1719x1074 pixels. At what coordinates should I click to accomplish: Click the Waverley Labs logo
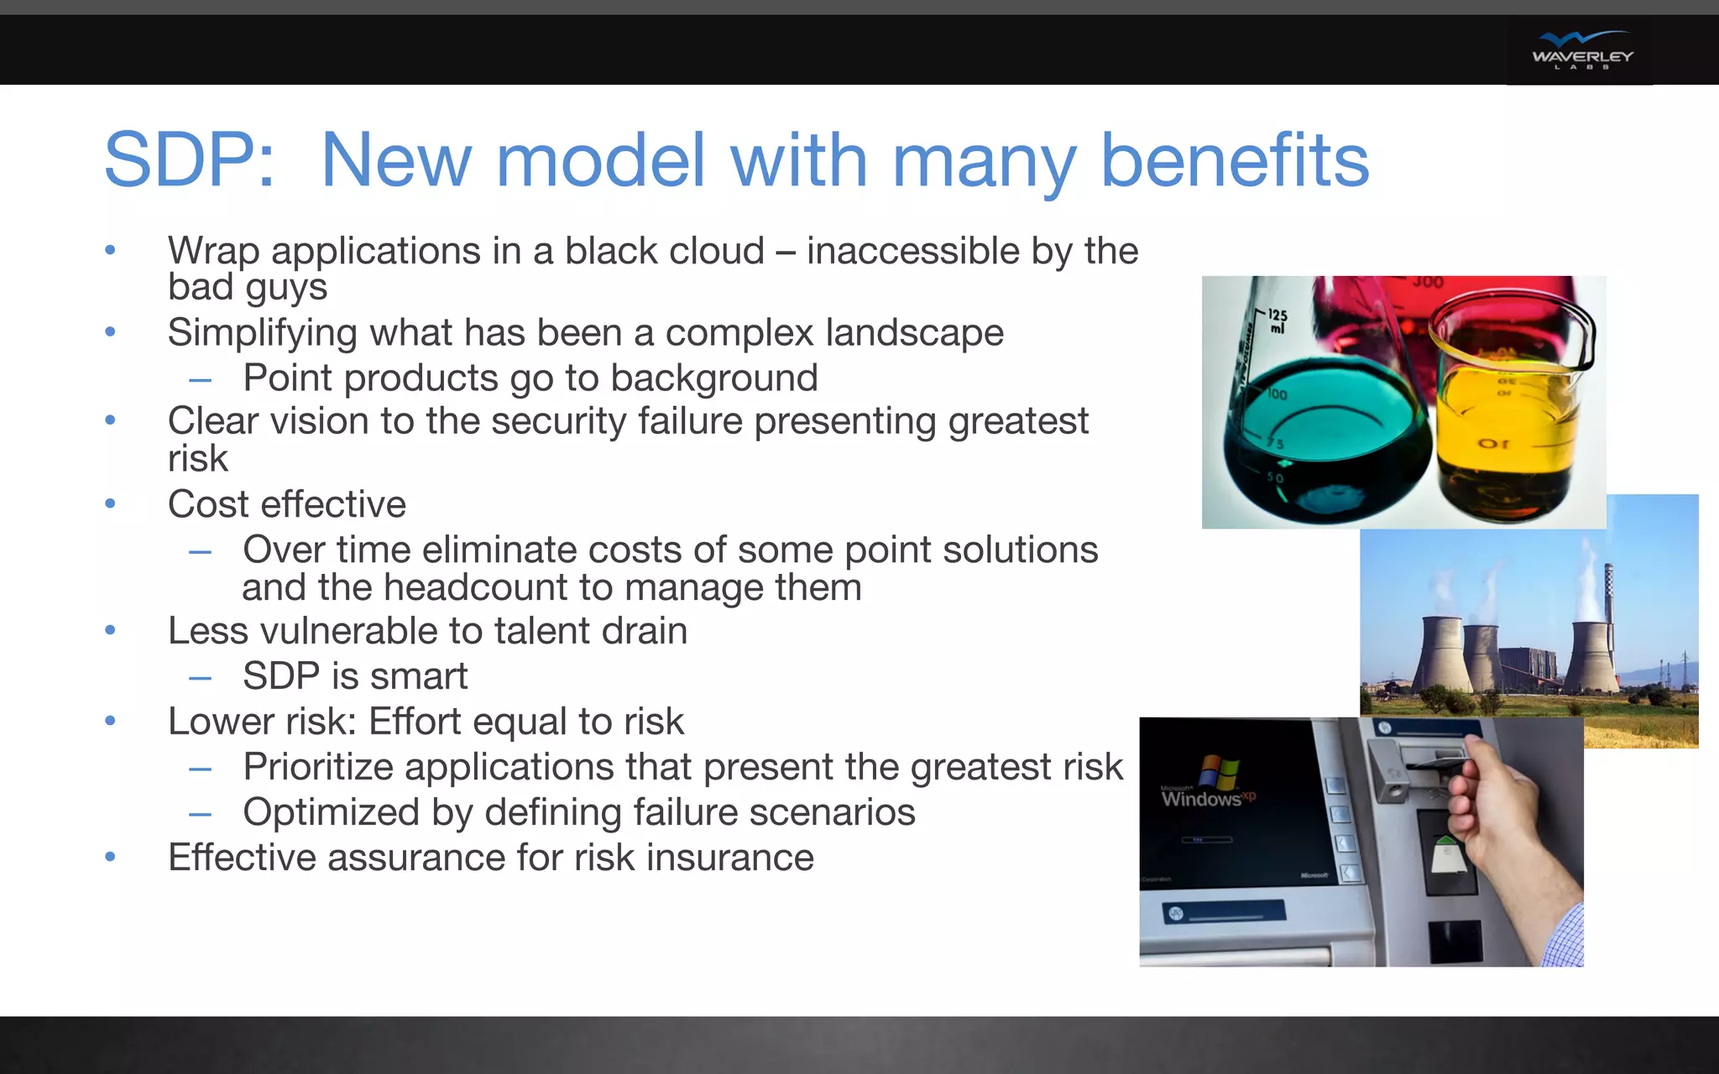tap(1581, 50)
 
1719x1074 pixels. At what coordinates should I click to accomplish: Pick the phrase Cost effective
tap(286, 504)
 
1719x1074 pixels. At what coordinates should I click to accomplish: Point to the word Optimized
tap(331, 812)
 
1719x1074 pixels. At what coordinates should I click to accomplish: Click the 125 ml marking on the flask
tap(1277, 321)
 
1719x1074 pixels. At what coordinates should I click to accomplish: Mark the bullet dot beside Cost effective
tap(110, 504)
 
